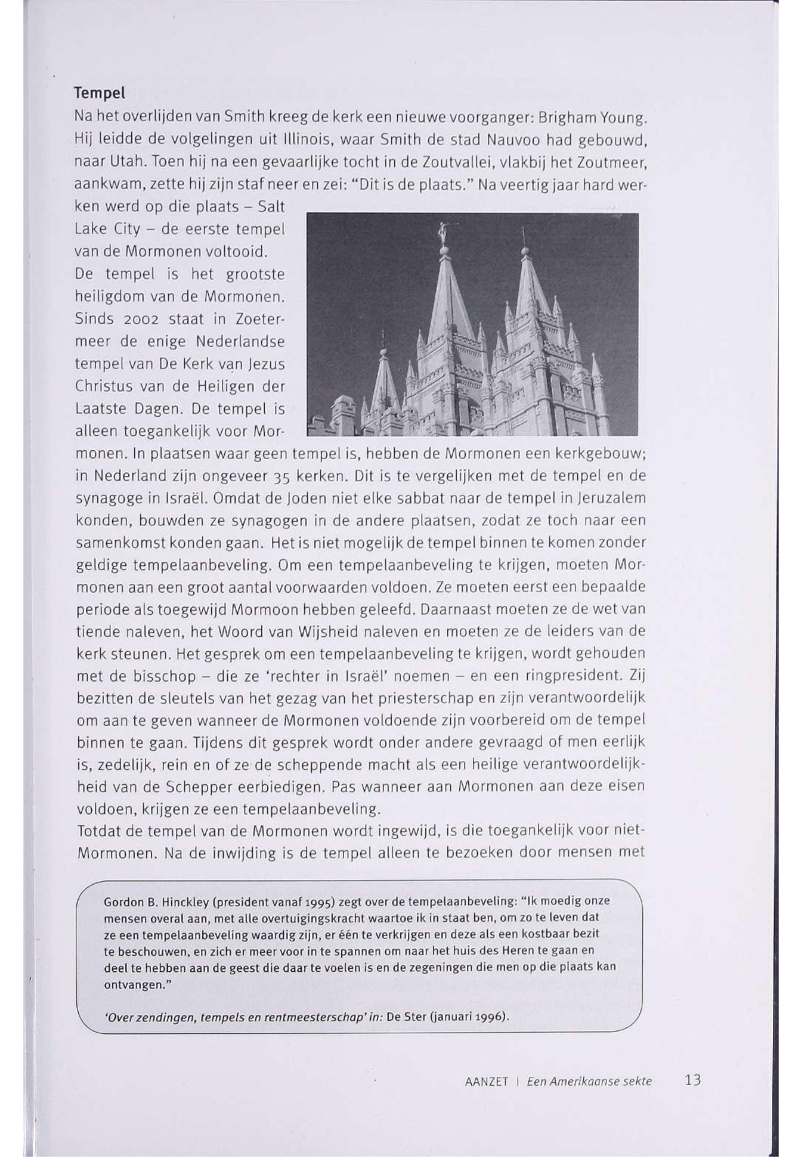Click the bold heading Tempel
[x=100, y=93]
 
